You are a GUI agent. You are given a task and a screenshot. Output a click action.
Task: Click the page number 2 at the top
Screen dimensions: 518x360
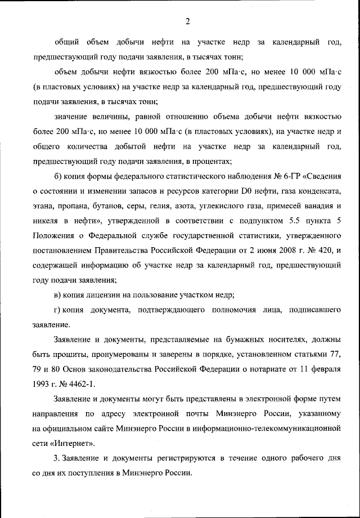coord(187,22)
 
